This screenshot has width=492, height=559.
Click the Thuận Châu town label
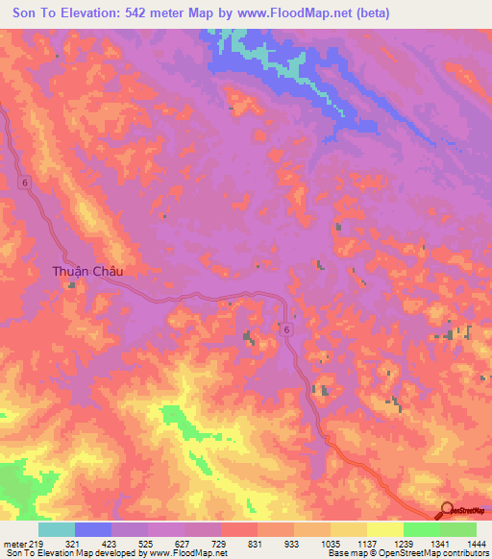87,272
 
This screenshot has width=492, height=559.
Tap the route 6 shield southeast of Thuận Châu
286,329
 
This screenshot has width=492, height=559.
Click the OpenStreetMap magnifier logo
448,510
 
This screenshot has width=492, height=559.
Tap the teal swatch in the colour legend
56,529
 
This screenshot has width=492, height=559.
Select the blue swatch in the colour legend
92,529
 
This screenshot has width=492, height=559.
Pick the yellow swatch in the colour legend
384,529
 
